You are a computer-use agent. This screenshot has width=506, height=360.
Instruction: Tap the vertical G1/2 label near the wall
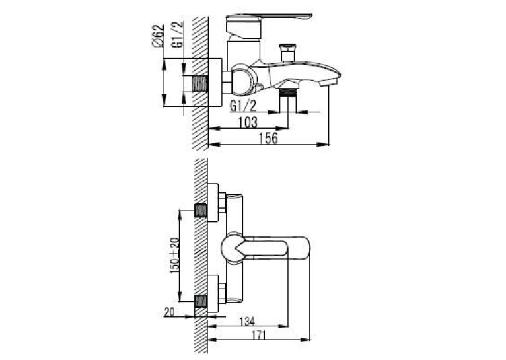tap(178, 34)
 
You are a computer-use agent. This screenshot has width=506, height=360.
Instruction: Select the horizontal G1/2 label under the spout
tap(242, 106)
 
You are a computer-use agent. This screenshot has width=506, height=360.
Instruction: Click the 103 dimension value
tap(248, 123)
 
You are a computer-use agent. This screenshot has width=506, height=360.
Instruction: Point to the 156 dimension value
tap(268, 139)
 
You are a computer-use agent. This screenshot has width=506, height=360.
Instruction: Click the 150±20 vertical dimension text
tap(174, 256)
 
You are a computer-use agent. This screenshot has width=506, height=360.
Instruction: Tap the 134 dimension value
tap(247, 321)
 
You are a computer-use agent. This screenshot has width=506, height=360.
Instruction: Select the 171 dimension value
tap(258, 335)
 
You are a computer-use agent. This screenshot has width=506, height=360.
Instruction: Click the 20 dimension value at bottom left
tap(169, 312)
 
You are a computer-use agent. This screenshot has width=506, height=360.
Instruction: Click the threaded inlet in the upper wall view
tap(199, 84)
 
